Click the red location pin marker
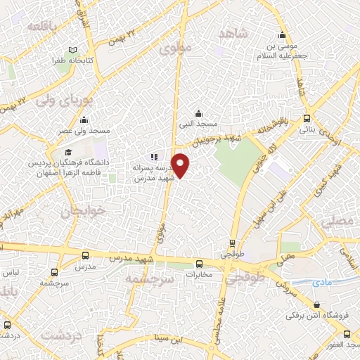(181, 165)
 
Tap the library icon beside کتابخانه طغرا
(72, 51)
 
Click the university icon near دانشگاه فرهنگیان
(68, 153)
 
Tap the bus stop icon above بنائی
(307, 119)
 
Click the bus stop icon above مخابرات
(198, 265)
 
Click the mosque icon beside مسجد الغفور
(352, 346)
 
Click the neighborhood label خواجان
(84, 210)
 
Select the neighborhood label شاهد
(235, 34)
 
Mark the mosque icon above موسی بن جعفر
(282, 36)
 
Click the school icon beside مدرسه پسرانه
(154, 157)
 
